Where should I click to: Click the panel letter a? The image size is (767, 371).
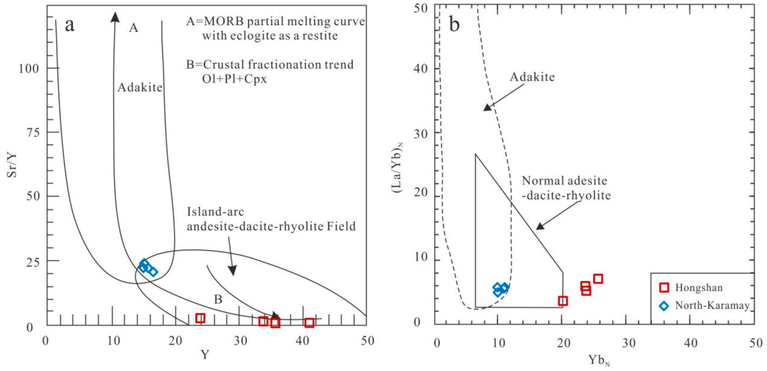pyautogui.click(x=69, y=25)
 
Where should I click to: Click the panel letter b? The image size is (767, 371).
pyautogui.click(x=454, y=24)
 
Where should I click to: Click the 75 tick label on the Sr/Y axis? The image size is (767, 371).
pyautogui.click(x=33, y=132)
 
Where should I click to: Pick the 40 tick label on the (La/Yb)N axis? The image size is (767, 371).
pyautogui.click(x=420, y=69)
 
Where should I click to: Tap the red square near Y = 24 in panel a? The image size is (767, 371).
pyautogui.click(x=200, y=318)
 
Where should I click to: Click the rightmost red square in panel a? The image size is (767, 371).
pyautogui.click(x=309, y=323)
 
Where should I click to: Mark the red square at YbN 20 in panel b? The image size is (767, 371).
pyautogui.click(x=563, y=301)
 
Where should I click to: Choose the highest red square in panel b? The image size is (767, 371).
pyautogui.click(x=598, y=279)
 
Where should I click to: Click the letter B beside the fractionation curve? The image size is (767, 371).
pyautogui.click(x=218, y=299)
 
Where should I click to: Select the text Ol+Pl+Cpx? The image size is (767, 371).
pyautogui.click(x=234, y=79)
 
